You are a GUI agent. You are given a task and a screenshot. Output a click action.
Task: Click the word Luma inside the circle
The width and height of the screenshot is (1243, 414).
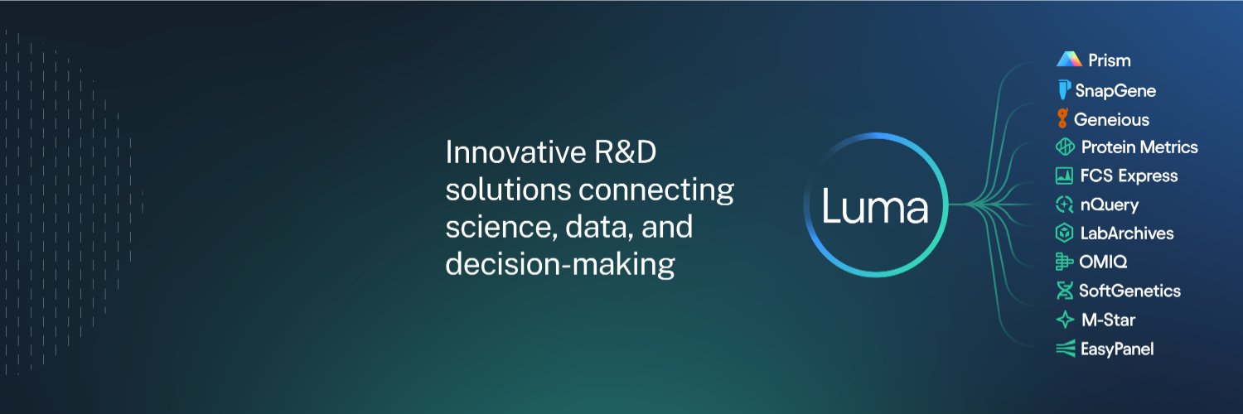point(874,206)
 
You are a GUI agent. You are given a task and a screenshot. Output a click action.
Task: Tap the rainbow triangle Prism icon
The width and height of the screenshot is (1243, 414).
point(1069,60)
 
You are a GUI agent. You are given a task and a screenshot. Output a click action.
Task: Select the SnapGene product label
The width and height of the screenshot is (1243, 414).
point(1115,90)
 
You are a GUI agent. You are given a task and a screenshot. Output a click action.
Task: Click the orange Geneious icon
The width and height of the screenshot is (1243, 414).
point(1062,118)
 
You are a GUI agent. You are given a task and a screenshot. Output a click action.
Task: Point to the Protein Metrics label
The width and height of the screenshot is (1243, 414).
point(1139,147)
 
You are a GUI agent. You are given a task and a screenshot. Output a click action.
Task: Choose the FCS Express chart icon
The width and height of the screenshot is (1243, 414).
point(1064,176)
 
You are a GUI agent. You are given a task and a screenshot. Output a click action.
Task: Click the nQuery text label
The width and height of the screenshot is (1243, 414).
point(1110,205)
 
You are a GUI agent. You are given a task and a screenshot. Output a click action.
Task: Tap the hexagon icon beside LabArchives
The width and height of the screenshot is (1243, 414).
point(1064,233)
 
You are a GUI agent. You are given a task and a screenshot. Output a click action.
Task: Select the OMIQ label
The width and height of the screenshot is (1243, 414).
point(1103,262)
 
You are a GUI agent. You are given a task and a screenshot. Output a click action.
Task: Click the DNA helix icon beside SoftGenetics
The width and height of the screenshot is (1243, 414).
point(1064,291)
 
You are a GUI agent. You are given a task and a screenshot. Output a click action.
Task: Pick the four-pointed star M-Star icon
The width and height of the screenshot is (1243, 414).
point(1065,320)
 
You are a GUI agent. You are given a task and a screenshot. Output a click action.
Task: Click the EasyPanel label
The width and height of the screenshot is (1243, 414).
point(1117,349)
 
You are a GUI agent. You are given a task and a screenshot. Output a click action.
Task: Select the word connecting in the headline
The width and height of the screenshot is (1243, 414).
point(656,191)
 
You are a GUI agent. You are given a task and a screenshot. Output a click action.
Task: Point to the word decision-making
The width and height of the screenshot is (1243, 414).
point(560,264)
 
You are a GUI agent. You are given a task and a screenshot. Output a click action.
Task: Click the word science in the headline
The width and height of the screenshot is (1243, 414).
point(501,227)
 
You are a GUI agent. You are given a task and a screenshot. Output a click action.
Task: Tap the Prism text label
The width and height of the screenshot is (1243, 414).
point(1110,60)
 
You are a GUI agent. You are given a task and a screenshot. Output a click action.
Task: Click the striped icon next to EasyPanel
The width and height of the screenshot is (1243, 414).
point(1065,349)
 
